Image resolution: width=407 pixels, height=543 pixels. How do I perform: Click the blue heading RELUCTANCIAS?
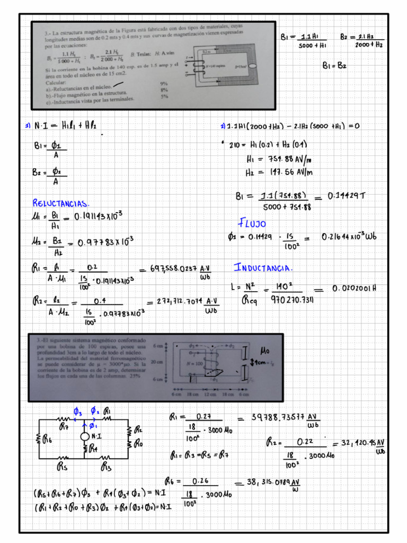[x=61, y=203]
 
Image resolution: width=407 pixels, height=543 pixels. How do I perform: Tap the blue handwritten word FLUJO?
[x=252, y=223]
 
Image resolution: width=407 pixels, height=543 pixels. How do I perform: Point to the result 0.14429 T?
[x=347, y=196]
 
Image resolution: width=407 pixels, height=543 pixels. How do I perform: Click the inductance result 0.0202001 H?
[x=354, y=289]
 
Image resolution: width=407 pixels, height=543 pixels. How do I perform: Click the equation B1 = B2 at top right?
[x=334, y=66]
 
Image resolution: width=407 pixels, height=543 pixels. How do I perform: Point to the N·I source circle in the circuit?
[x=84, y=436]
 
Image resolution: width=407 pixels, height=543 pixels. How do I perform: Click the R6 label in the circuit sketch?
[x=48, y=439]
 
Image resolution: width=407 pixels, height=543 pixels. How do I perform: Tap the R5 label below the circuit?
[x=62, y=467]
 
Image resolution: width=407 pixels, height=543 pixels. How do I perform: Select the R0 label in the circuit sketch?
[x=138, y=444]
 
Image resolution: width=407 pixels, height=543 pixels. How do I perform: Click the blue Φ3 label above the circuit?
[x=77, y=411]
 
